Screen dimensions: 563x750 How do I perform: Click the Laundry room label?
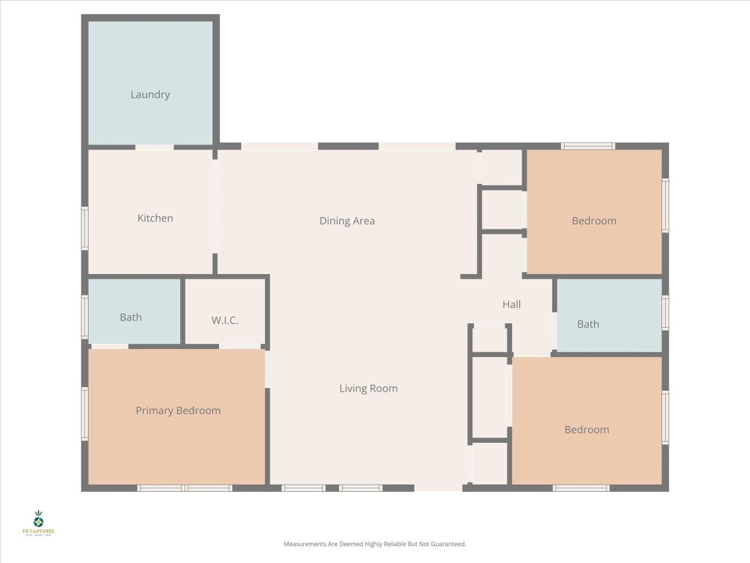pyautogui.click(x=150, y=95)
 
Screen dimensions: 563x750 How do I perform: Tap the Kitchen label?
pyautogui.click(x=155, y=218)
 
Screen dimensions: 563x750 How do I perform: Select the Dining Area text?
pyautogui.click(x=347, y=221)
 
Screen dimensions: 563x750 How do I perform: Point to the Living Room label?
pyautogui.click(x=368, y=389)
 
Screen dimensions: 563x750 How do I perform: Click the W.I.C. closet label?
pyautogui.click(x=225, y=321)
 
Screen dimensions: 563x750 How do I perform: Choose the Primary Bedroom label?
pyautogui.click(x=178, y=411)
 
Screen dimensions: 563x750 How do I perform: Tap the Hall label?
pyautogui.click(x=511, y=304)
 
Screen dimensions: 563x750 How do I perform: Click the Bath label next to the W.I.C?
pyautogui.click(x=131, y=317)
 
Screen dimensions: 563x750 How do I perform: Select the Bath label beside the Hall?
pyautogui.click(x=588, y=324)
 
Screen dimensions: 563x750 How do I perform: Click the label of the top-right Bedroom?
pyautogui.click(x=594, y=221)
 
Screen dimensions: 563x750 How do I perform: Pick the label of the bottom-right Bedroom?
pyautogui.click(x=587, y=430)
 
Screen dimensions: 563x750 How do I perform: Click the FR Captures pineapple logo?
pyautogui.click(x=38, y=520)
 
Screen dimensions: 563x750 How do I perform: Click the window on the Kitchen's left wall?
pyautogui.click(x=85, y=228)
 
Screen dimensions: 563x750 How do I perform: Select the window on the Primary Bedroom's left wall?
pyautogui.click(x=85, y=414)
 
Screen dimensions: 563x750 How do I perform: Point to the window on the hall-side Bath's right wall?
pyautogui.click(x=665, y=312)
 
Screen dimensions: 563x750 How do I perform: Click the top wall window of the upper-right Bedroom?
pyautogui.click(x=588, y=146)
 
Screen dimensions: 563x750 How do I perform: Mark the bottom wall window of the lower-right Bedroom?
pyautogui.click(x=581, y=487)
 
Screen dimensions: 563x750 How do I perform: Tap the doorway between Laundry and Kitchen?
pyautogui.click(x=155, y=147)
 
